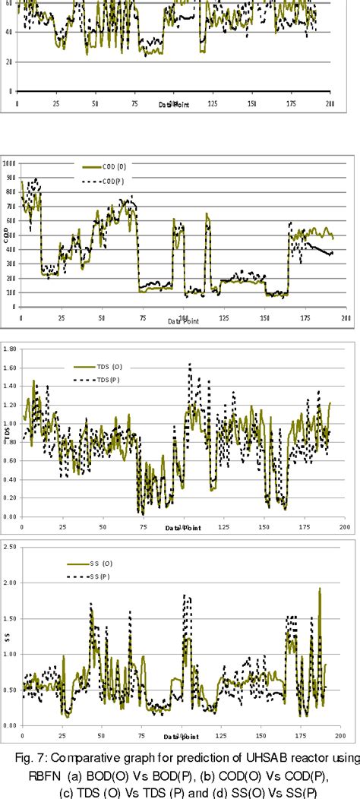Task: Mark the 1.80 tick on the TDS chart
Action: [x=11, y=349]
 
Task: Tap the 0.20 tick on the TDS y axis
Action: [x=11, y=497]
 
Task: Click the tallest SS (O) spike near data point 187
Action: [x=319, y=589]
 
